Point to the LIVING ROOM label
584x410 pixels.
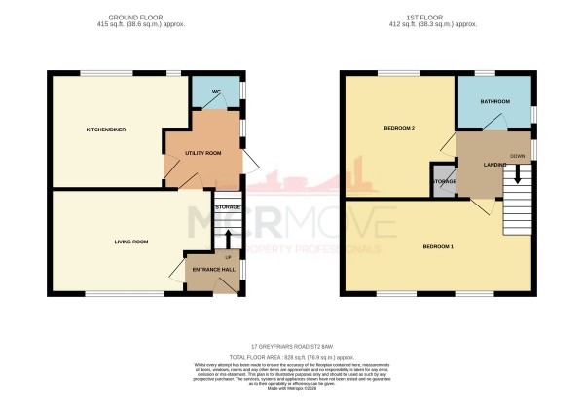131,242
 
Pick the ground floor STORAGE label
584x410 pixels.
228,207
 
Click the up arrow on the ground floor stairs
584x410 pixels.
228,237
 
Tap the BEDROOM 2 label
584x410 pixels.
399,129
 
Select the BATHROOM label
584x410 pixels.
495,101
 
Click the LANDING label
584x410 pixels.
495,165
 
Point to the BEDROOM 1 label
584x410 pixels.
438,246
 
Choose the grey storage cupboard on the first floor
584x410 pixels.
445,183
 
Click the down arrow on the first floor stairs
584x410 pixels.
519,173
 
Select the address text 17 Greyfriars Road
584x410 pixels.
291,346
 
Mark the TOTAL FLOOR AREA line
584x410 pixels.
291,355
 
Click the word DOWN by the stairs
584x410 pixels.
518,156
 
